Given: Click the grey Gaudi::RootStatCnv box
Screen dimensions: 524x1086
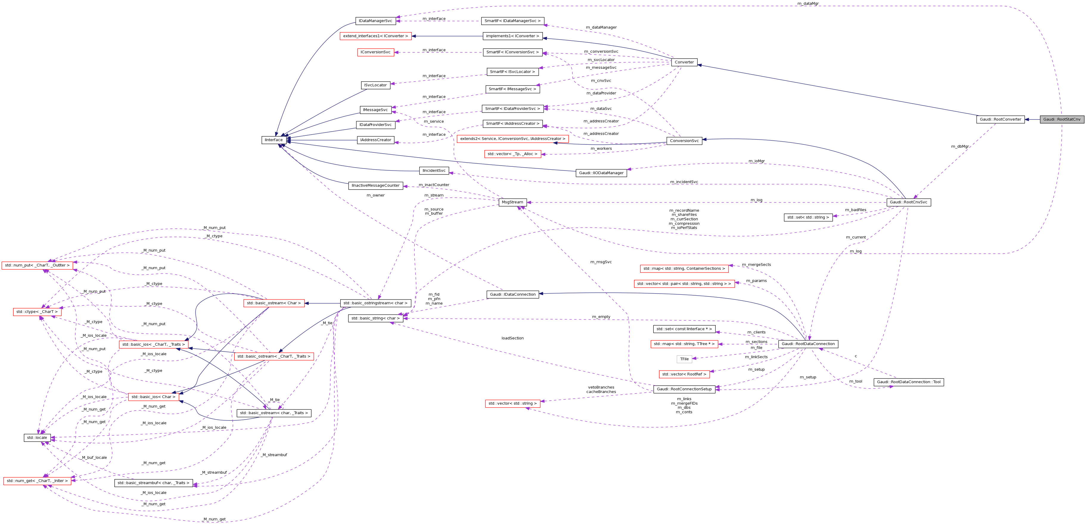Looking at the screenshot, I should click(1062, 119).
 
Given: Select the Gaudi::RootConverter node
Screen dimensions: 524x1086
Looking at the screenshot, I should click(1000, 119).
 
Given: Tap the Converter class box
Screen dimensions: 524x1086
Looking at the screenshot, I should click(684, 62).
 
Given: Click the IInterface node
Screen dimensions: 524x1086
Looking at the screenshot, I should click(274, 140).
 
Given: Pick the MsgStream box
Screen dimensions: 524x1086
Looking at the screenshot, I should click(512, 202).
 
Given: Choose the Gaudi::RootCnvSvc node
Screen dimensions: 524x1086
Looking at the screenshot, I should click(908, 202).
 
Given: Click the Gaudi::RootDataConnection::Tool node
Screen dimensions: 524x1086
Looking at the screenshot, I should click(908, 382).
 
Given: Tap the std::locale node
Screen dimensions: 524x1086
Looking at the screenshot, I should click(37, 438).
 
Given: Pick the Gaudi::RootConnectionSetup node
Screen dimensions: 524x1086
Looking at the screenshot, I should click(684, 389).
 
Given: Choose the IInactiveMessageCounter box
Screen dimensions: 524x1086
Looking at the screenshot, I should click(376, 185).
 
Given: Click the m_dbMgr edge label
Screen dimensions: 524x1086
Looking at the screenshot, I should click(960, 146).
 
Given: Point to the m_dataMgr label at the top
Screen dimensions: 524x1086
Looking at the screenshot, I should click(808, 3).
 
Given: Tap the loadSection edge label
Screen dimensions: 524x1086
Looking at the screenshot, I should click(512, 338).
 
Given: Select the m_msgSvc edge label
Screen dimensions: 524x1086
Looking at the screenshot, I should click(601, 262).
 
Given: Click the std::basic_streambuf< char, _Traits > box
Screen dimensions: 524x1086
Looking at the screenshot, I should click(153, 483).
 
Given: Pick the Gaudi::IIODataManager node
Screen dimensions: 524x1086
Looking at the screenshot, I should click(601, 173).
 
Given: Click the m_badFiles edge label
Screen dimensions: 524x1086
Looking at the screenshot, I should click(855, 210).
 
